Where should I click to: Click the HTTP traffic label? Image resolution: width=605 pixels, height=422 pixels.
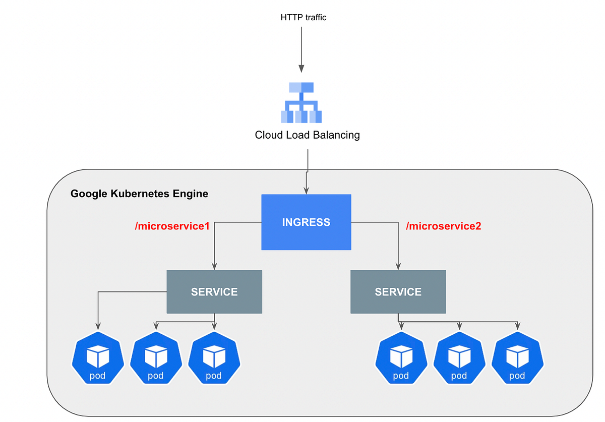304,17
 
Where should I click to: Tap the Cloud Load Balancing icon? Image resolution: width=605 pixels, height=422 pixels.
301,103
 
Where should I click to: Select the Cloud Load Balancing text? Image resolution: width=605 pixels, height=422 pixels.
307,135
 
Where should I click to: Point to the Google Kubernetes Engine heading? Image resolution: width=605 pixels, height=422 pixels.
139,194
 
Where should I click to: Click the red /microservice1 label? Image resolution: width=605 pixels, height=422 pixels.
172,226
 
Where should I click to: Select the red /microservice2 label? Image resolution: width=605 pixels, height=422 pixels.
444,226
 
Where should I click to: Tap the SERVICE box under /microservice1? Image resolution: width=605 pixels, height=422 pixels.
214,292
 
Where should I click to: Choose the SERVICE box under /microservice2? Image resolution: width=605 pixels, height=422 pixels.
398,292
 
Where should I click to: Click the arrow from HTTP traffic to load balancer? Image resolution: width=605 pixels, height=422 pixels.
301,48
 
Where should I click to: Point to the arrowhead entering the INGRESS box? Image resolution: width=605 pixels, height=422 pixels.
306,191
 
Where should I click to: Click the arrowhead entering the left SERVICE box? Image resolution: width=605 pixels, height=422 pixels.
214,266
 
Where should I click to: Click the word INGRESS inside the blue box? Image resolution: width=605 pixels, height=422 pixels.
306,222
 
